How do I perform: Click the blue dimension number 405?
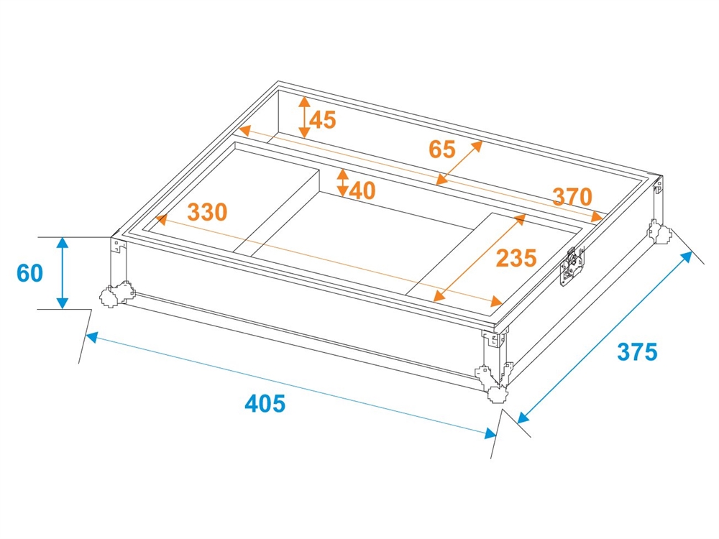pyautogui.click(x=265, y=403)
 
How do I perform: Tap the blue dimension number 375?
pyautogui.click(x=637, y=352)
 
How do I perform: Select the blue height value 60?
pyautogui.click(x=29, y=273)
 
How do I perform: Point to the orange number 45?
pyautogui.click(x=323, y=119)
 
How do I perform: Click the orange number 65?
pyautogui.click(x=442, y=149)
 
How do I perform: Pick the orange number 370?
pyautogui.click(x=572, y=197)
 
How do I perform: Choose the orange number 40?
pyautogui.click(x=362, y=190)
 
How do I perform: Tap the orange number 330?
pyautogui.click(x=207, y=212)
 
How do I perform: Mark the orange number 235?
pyautogui.click(x=516, y=258)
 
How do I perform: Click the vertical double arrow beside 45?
pyautogui.click(x=304, y=118)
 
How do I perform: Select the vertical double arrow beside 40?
pyautogui.click(x=342, y=183)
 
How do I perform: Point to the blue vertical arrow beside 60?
pyautogui.click(x=63, y=273)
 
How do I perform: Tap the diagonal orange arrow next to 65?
pyautogui.click(x=459, y=162)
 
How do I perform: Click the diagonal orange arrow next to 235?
pyautogui.click(x=480, y=257)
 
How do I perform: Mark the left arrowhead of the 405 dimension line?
pyautogui.click(x=91, y=337)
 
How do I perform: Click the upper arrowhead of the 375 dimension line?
pyautogui.click(x=687, y=257)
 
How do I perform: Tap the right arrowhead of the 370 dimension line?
pyautogui.click(x=597, y=216)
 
